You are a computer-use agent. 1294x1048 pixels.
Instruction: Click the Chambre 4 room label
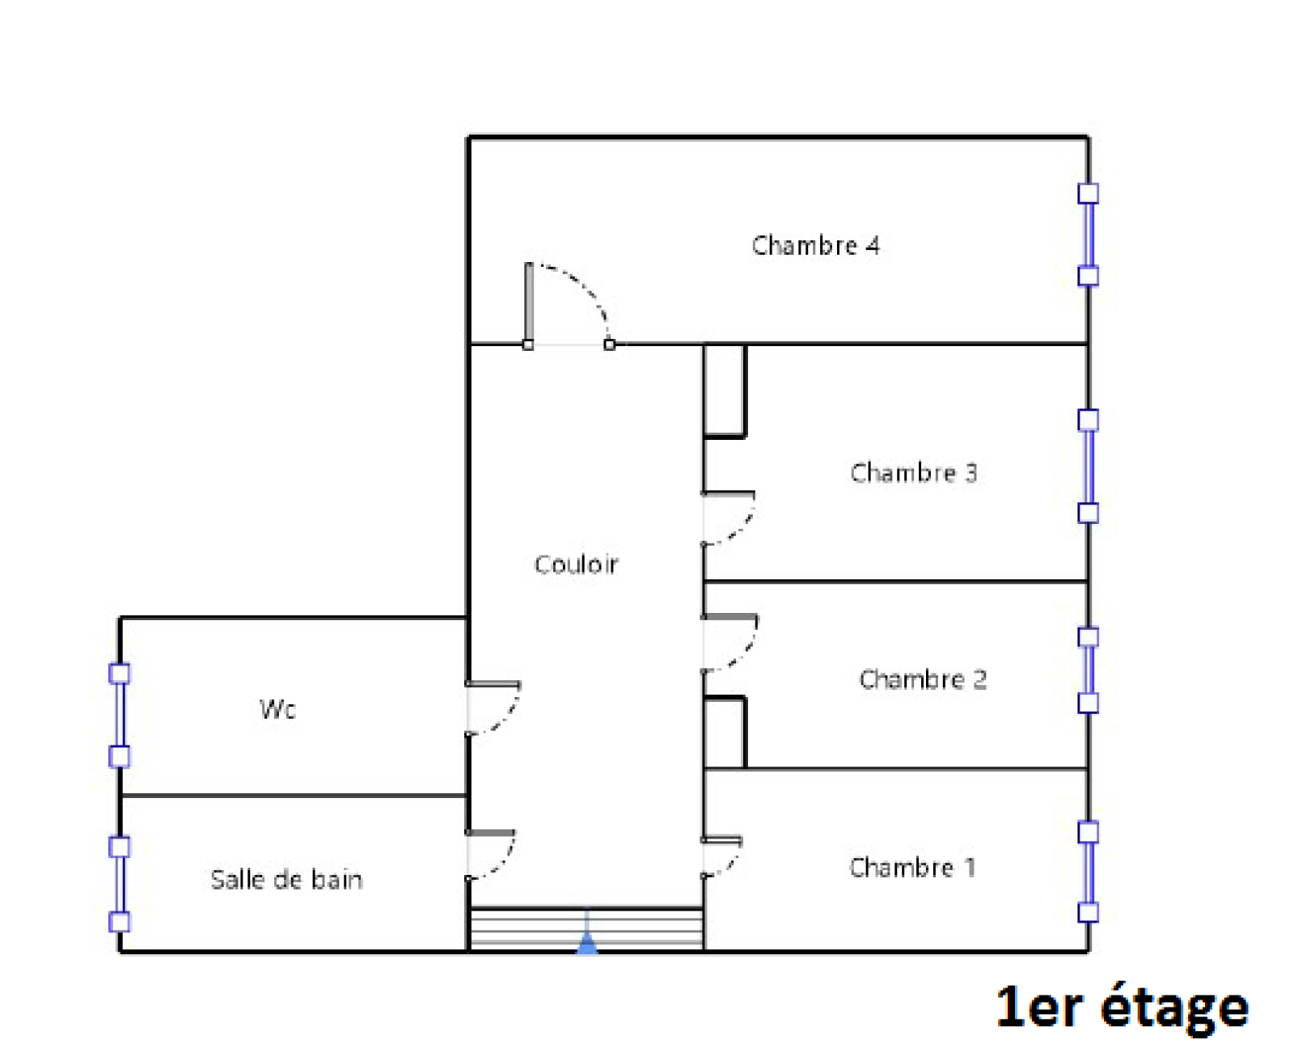click(814, 245)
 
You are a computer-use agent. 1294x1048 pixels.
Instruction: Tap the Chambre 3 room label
click(913, 472)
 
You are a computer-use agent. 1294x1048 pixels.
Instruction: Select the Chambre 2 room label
click(922, 678)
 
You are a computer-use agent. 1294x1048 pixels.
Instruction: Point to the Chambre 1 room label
click(912, 867)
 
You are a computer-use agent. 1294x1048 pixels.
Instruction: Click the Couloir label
click(575, 564)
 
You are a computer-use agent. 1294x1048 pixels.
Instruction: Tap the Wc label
click(277, 708)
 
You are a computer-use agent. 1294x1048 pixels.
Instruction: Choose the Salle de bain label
click(286, 879)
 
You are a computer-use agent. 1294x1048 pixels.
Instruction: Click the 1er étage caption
click(1122, 1007)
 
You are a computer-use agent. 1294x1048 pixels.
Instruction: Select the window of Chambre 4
click(1088, 235)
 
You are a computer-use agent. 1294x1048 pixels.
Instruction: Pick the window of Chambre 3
click(1088, 466)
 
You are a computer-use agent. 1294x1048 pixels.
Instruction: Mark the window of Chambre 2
click(1088, 670)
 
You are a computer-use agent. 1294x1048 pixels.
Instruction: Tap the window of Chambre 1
click(1088, 872)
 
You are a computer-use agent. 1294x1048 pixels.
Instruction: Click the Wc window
click(119, 715)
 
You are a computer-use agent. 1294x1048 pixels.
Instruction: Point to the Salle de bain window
click(119, 884)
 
